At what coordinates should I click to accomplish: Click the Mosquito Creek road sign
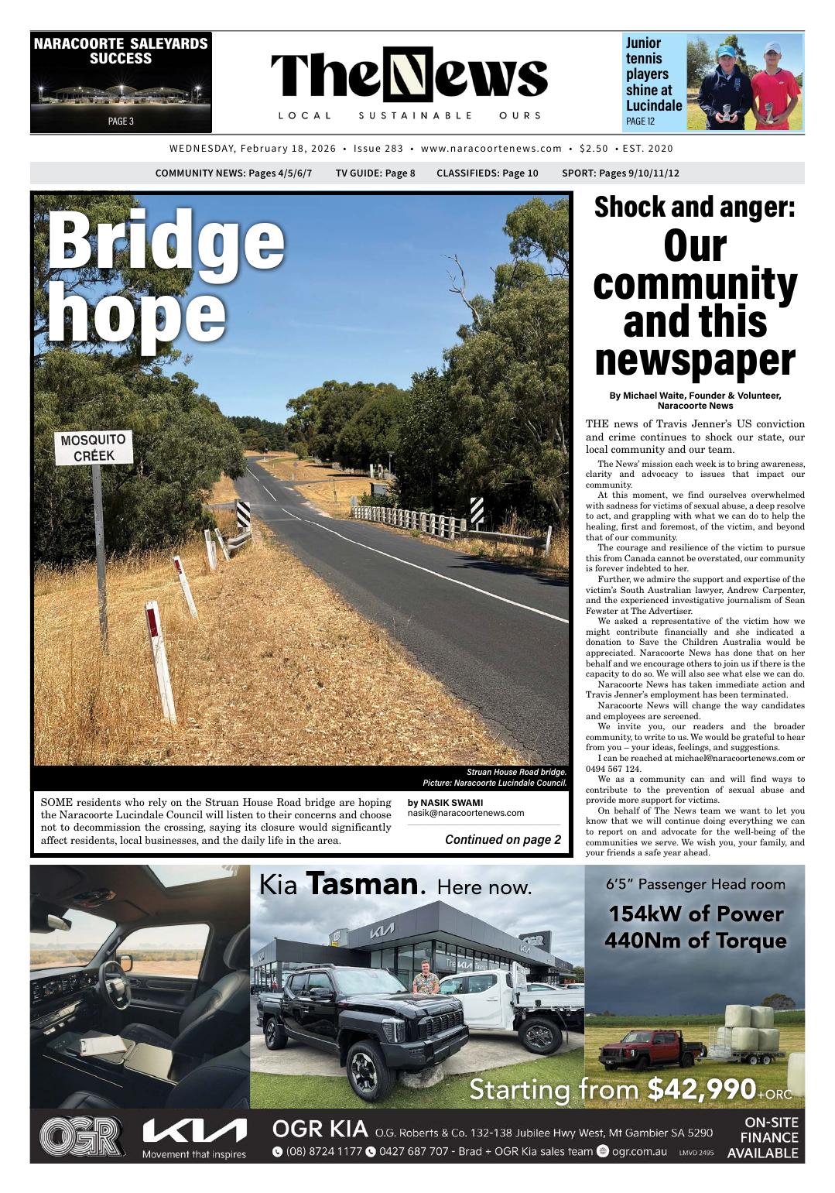click(94, 448)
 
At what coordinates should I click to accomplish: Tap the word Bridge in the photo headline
click(166, 241)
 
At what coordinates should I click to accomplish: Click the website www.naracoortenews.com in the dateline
click(491, 149)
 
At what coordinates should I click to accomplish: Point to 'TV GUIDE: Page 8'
click(375, 173)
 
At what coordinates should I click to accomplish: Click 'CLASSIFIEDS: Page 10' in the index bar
click(487, 173)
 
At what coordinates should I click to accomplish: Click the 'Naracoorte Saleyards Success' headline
click(121, 51)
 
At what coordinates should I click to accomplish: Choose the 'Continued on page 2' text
click(503, 840)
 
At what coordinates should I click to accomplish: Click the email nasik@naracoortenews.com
click(465, 813)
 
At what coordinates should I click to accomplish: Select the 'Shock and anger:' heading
click(694, 207)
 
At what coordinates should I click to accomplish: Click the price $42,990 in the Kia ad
click(700, 1089)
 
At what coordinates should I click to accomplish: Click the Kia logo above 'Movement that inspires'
click(194, 1132)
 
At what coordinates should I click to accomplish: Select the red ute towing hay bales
click(651, 1047)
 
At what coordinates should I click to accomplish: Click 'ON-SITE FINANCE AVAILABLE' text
click(762, 1137)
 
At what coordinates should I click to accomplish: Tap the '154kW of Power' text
click(695, 914)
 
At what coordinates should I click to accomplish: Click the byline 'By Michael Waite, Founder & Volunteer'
click(694, 396)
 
